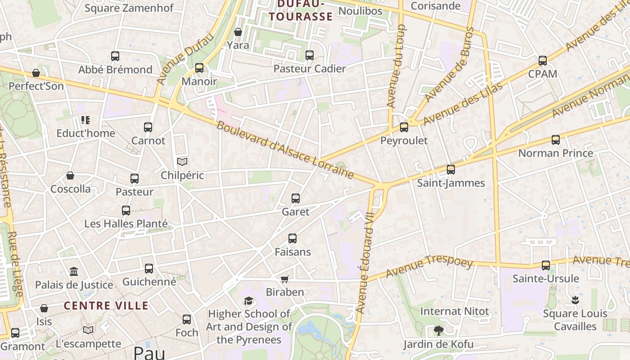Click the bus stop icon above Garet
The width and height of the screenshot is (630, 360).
(x=296, y=198)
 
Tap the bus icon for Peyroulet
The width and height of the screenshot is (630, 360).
(x=404, y=127)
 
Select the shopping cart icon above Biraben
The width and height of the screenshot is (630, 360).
(x=284, y=279)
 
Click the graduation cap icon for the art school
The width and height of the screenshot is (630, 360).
(x=248, y=301)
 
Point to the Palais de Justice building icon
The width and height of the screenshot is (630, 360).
(x=74, y=272)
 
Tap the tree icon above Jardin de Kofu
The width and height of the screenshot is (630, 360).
(x=438, y=331)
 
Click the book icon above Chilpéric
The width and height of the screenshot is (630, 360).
(x=182, y=162)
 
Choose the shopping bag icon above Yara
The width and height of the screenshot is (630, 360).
(x=238, y=32)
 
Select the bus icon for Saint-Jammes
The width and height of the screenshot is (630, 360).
(x=451, y=170)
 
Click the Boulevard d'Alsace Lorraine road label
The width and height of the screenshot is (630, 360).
(x=284, y=149)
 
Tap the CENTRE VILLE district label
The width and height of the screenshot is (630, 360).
(x=106, y=306)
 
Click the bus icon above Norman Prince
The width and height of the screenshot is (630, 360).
(x=556, y=140)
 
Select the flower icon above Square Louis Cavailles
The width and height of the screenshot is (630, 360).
(x=575, y=300)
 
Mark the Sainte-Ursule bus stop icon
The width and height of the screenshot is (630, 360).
(x=546, y=265)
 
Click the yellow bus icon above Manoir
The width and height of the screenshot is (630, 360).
(x=199, y=68)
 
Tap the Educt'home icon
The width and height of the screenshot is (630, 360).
(x=85, y=120)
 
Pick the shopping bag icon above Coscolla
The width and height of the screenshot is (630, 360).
(x=70, y=175)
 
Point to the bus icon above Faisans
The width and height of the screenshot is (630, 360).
(x=292, y=238)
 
